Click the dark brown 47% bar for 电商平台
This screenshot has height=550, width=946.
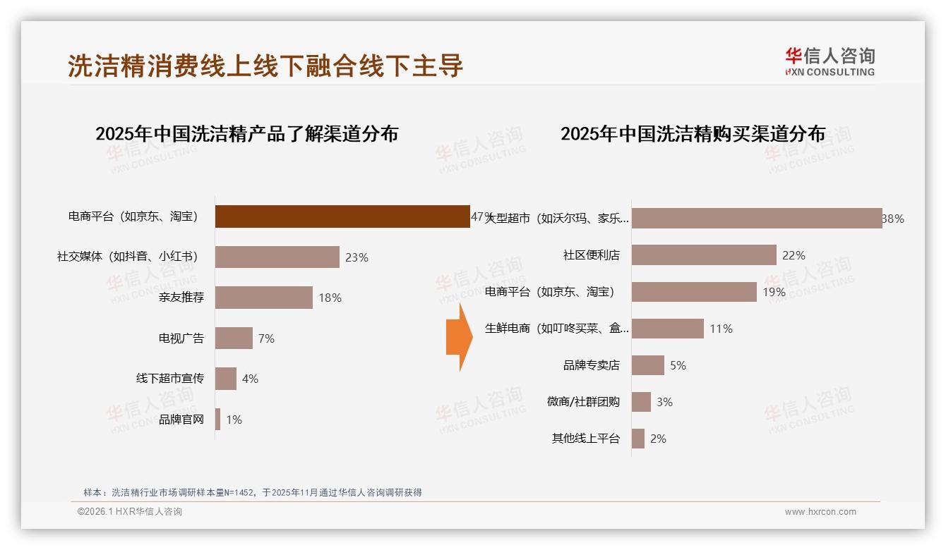click(342, 216)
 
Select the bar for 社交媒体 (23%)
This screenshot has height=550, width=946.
click(277, 257)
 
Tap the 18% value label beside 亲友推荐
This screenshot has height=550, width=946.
click(330, 298)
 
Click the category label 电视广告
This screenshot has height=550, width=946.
click(181, 338)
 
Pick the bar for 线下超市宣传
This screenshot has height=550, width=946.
click(226, 379)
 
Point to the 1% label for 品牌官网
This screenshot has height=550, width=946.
click(234, 420)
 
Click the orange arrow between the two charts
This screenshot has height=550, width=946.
click(459, 338)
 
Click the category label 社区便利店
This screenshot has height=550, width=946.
click(592, 255)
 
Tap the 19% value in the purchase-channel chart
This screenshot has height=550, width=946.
click(774, 292)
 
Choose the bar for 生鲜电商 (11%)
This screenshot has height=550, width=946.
click(668, 329)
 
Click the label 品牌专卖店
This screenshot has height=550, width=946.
click(592, 365)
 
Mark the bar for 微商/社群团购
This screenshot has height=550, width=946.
click(641, 402)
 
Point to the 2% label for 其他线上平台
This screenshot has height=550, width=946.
click(658, 439)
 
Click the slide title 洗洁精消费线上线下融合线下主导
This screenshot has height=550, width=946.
click(265, 66)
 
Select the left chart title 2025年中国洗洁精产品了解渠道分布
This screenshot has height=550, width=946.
click(246, 134)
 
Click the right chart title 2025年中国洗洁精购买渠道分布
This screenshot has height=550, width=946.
click(693, 134)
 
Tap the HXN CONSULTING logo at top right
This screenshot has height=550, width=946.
click(830, 61)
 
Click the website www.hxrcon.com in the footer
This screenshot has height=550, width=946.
click(820, 512)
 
